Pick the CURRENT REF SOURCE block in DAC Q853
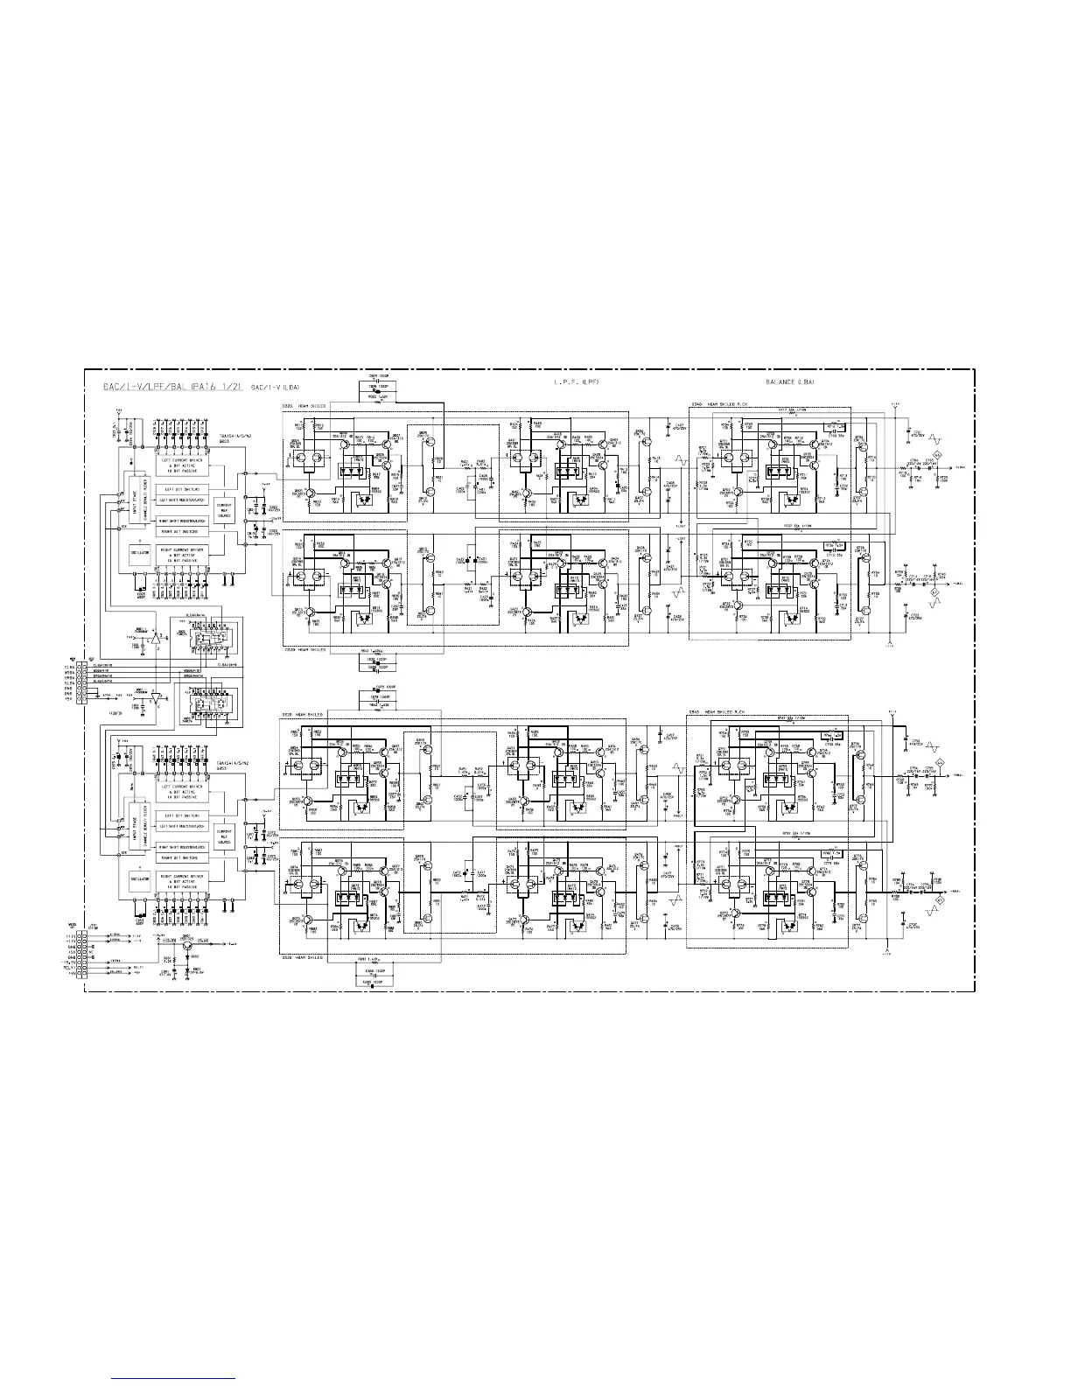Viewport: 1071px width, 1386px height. [x=225, y=832]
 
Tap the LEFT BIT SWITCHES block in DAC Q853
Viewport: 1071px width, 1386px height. [x=181, y=816]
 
